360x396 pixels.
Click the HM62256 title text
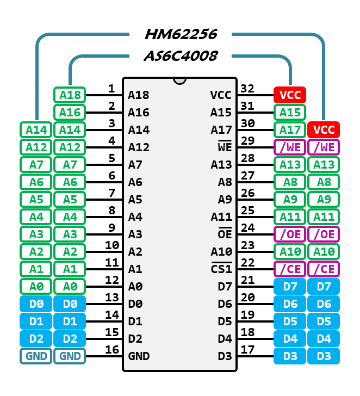[x=181, y=34]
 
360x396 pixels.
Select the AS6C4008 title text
[x=181, y=55]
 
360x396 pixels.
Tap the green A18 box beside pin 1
[x=70, y=95]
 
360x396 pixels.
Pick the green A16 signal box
[x=70, y=113]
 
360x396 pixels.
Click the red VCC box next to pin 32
[x=290, y=95]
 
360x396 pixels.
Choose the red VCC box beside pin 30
[x=324, y=130]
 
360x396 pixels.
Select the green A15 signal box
[x=290, y=113]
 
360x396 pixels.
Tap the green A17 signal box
[x=290, y=130]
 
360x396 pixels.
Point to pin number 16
[x=112, y=349]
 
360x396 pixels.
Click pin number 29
[x=247, y=140]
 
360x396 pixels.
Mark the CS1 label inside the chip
[x=221, y=269]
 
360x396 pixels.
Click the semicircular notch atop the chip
[x=179, y=81]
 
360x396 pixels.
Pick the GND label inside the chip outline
[x=139, y=356]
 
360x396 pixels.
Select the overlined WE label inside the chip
[x=225, y=147]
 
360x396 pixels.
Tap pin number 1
[x=111, y=88]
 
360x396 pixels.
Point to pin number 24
[x=247, y=227]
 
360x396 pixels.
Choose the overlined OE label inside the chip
[x=225, y=234]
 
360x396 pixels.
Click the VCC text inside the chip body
[x=221, y=95]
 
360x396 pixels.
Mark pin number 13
[x=112, y=297]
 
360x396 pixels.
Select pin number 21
[x=247, y=280]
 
